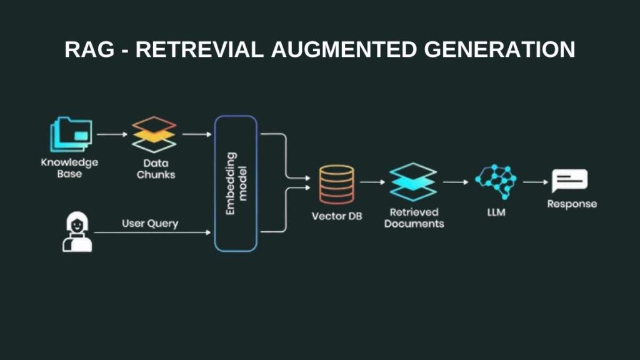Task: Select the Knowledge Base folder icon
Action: (x=71, y=134)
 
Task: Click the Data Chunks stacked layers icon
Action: (x=154, y=134)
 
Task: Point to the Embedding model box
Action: (x=236, y=183)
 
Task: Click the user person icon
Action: (x=77, y=231)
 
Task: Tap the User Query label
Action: (x=149, y=223)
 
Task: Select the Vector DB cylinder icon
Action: (x=336, y=184)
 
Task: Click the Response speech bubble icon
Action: (x=569, y=182)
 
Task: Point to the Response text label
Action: (x=572, y=204)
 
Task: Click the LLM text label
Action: (x=496, y=213)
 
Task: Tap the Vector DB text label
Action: (x=336, y=216)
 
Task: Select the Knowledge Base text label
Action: (x=69, y=168)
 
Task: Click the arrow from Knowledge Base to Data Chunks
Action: (x=111, y=134)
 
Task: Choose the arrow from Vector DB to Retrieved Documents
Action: (x=372, y=182)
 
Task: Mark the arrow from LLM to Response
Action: (x=536, y=182)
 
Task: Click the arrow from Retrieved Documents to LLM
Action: (x=456, y=182)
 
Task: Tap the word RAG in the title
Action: (x=89, y=49)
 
